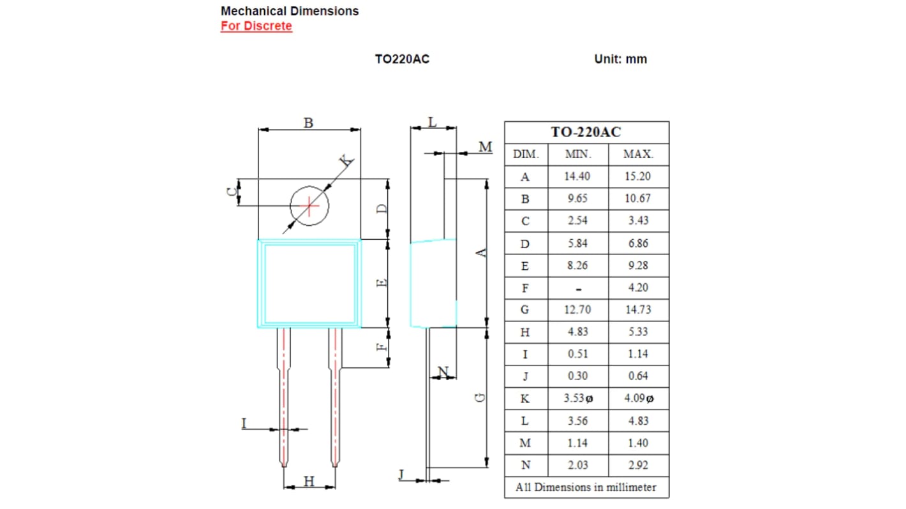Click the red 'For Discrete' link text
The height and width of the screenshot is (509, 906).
coord(256,26)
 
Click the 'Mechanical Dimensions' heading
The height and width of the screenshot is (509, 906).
coord(289,11)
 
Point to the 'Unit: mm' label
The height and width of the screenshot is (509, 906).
coord(620,59)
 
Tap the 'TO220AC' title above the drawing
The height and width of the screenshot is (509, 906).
coord(402,59)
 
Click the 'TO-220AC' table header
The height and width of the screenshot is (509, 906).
coord(586,132)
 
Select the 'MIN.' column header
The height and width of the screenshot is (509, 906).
coord(577,154)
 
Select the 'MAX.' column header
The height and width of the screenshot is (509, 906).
coord(638,154)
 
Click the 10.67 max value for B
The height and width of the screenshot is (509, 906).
coord(638,198)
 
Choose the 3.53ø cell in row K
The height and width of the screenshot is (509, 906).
coord(578,399)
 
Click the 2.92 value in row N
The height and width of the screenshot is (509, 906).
coord(638,465)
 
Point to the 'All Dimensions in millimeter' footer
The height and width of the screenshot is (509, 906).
coord(586,487)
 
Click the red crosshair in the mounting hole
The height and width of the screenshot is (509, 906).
coord(309,205)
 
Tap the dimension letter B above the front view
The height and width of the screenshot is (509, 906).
coord(308,122)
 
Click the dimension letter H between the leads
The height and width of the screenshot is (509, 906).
coord(309,482)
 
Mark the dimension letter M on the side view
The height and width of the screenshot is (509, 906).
coord(486,147)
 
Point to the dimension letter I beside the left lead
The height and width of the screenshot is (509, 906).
coord(244,423)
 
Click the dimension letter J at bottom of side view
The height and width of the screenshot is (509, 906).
coord(401,475)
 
